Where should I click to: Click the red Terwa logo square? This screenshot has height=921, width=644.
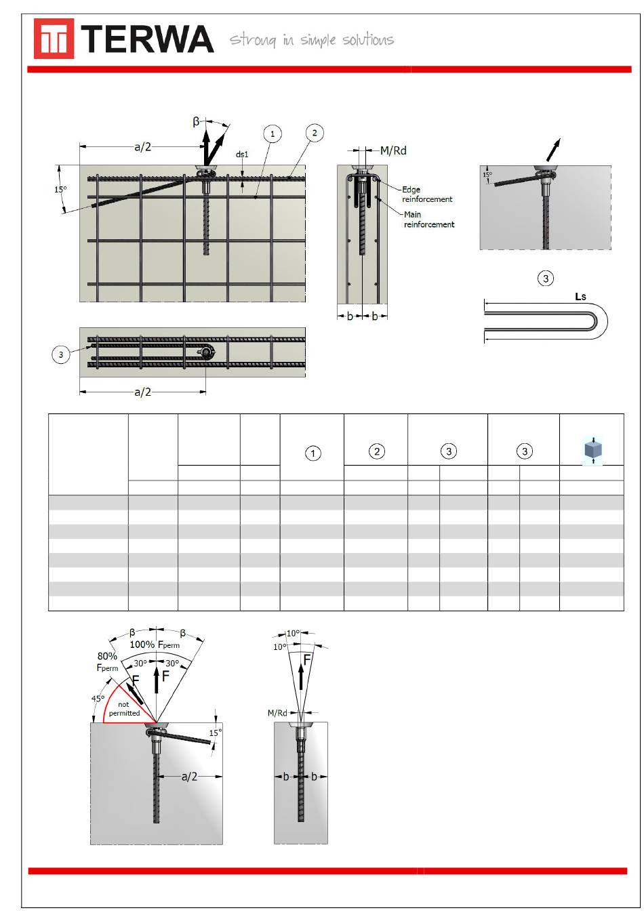[x=54, y=38]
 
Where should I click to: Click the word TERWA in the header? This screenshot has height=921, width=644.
[x=147, y=39]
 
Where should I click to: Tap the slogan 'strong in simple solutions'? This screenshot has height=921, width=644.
[x=311, y=40]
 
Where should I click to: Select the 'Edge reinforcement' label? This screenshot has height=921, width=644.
[x=427, y=194]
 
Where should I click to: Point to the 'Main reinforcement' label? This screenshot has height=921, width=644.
[x=429, y=219]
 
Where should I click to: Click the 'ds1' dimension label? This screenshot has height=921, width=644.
[x=242, y=155]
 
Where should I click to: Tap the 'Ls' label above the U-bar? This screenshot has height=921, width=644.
[x=580, y=296]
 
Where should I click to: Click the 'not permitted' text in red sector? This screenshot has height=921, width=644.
[x=124, y=708]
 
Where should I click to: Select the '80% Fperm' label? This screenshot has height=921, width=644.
[x=107, y=661]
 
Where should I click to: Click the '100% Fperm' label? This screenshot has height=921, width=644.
[x=155, y=644]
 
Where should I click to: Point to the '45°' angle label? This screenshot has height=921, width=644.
[x=98, y=698]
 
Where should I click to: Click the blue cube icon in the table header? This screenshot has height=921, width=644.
[x=592, y=450]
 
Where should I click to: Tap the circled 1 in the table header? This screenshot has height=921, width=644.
[x=313, y=453]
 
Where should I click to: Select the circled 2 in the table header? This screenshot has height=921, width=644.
[x=377, y=451]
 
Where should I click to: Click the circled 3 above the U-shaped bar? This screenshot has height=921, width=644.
[x=545, y=279]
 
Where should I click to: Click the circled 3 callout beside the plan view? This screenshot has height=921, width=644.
[x=61, y=354]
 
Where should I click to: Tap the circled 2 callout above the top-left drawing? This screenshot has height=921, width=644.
[x=315, y=133]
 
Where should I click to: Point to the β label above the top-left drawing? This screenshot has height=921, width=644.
[x=196, y=121]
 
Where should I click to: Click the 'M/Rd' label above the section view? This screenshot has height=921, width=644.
[x=393, y=150]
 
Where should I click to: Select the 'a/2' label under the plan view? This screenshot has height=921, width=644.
[x=143, y=392]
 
